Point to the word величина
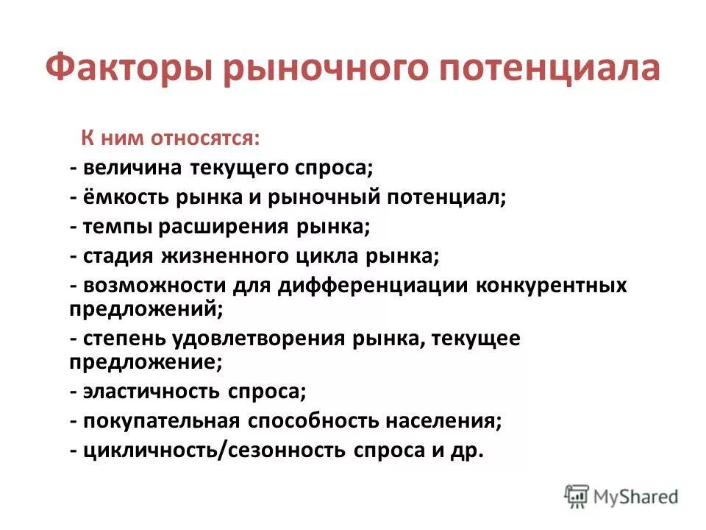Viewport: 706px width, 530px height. point(132,169)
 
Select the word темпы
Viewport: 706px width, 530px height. point(116,227)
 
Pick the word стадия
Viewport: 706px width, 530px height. point(120,256)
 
